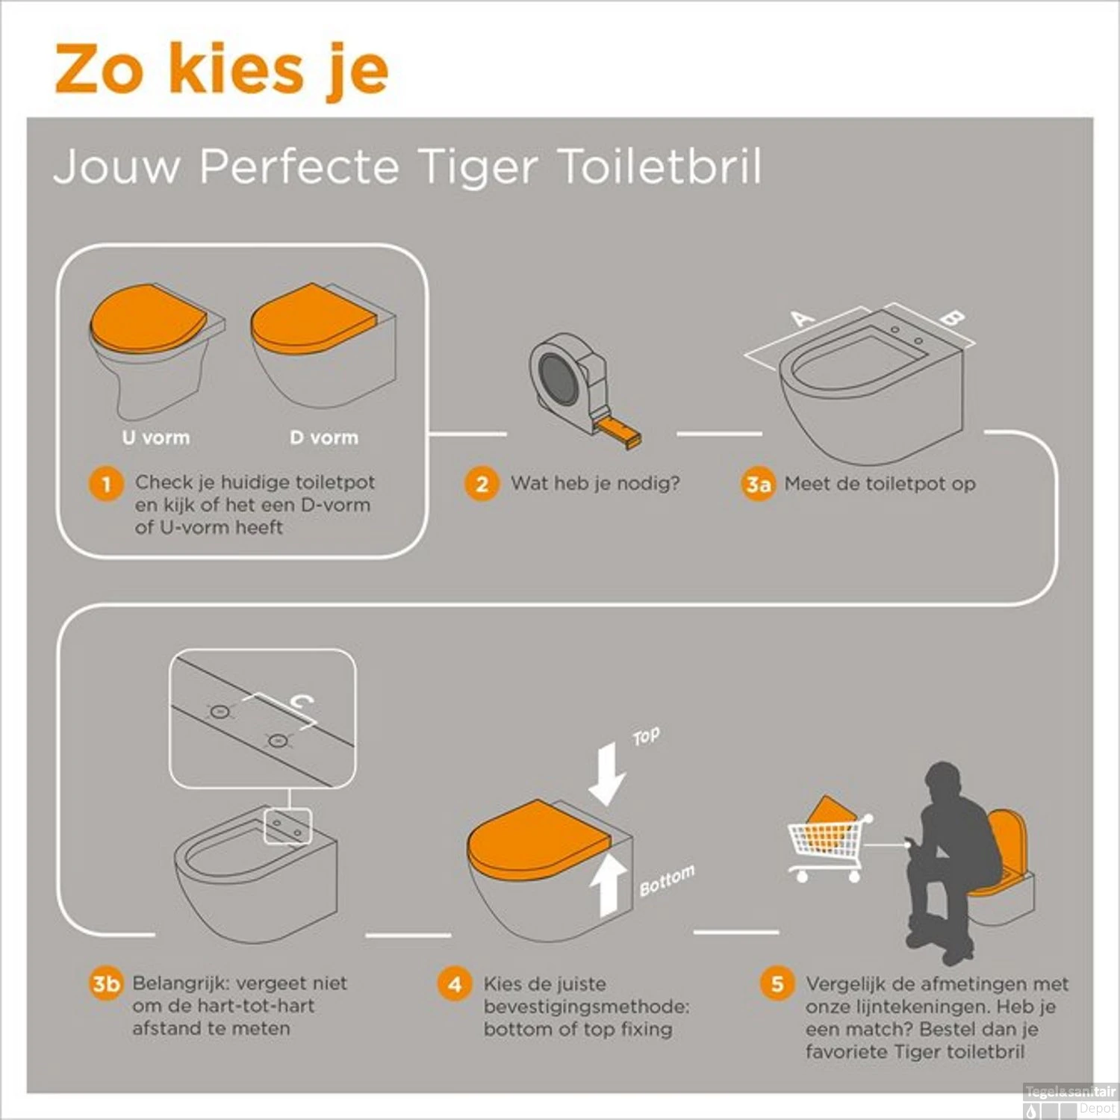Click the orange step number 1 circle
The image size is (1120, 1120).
[106, 484]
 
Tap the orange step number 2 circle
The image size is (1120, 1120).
[482, 484]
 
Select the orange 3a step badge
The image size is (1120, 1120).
[758, 485]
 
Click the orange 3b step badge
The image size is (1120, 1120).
[106, 983]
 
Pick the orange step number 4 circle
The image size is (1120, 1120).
[455, 984]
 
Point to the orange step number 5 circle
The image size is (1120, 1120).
[777, 983]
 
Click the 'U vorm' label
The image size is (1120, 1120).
[156, 438]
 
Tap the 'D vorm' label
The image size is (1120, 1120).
[324, 438]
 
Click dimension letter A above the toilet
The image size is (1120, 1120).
[803, 319]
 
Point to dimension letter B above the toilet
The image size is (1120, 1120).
[952, 317]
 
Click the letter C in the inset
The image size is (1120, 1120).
[302, 701]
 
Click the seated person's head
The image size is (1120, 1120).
[946, 784]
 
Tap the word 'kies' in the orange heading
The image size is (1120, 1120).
[237, 69]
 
